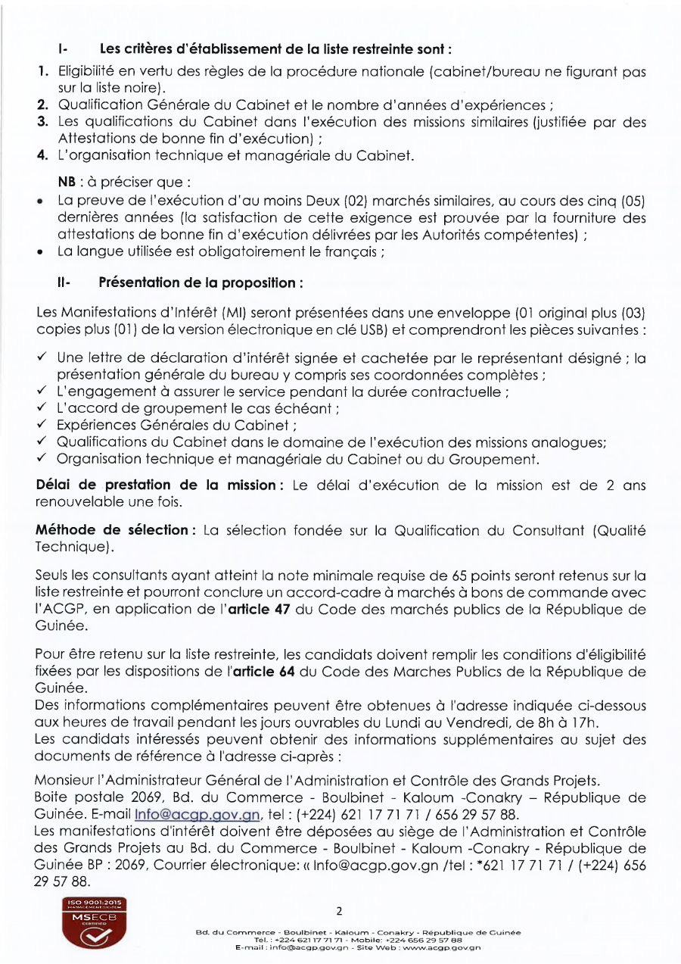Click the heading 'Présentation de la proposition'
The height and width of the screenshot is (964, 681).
(x=201, y=282)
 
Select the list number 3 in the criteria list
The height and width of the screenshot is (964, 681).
(x=44, y=122)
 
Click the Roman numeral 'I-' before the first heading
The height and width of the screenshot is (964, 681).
(x=63, y=50)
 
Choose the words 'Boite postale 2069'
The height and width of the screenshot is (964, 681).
(x=99, y=797)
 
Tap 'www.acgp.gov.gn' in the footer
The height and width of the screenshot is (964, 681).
(x=447, y=947)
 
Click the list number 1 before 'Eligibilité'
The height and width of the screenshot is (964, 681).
(x=44, y=72)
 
